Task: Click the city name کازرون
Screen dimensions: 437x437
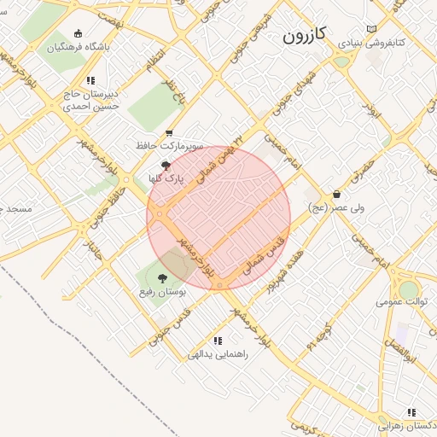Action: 305,37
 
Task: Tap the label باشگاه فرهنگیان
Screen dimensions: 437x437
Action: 78,47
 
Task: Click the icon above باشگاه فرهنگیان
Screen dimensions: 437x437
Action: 79,33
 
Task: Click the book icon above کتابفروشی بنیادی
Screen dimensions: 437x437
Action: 370,28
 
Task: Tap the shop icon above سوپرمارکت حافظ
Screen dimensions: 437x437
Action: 169,133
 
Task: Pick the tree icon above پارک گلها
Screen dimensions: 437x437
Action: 165,166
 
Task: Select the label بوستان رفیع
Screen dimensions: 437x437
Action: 163,291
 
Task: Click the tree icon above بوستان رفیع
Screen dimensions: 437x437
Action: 162,278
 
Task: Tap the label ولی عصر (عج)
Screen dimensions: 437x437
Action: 336,207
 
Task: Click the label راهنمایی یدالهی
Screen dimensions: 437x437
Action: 218,353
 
